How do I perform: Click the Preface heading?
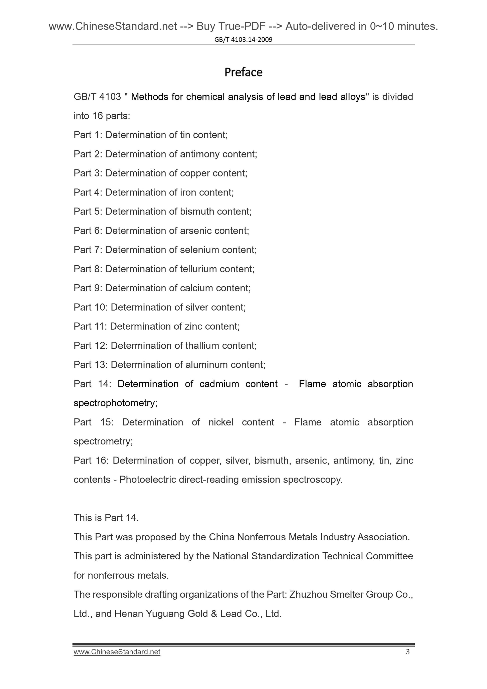click(x=243, y=72)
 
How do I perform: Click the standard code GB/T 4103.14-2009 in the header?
click(x=243, y=40)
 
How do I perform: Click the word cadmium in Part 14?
click(x=219, y=384)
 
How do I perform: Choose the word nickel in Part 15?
click(x=221, y=422)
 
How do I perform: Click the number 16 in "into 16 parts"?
click(x=98, y=116)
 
